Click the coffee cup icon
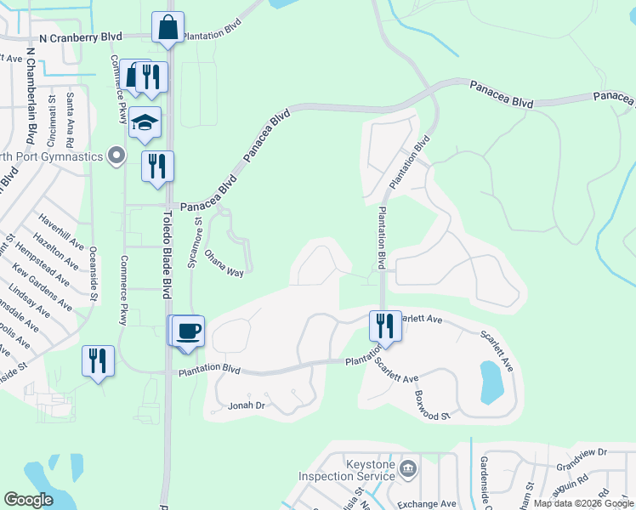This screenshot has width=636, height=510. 190,330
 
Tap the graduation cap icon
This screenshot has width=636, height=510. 145,123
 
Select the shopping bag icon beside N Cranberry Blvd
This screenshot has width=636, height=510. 168,27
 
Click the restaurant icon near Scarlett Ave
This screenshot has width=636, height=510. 385,326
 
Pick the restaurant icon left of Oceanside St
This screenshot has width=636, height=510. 98,360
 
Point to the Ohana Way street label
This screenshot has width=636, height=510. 224,263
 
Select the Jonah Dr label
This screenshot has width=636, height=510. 247,406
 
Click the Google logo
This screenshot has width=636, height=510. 29,499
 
